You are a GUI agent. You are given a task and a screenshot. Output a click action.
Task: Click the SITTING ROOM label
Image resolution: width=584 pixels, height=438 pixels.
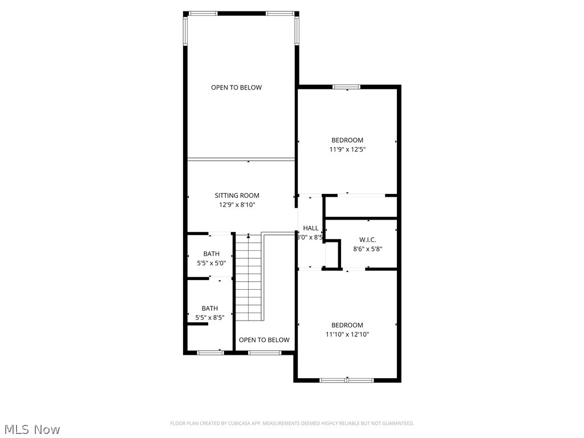pos(237,196)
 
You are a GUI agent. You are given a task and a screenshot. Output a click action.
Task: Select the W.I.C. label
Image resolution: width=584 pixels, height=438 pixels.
pos(367,240)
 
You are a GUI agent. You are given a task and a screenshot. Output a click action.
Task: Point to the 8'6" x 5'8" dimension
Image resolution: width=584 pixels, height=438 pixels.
pos(367,249)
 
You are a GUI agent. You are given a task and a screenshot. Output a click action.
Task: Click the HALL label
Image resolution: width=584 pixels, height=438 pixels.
pos(311,228)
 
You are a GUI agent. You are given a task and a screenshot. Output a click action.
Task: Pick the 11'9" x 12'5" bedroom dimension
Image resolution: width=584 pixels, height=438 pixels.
pos(347,149)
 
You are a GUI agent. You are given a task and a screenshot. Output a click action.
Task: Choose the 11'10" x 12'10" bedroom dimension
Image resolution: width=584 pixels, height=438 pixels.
pos(347,335)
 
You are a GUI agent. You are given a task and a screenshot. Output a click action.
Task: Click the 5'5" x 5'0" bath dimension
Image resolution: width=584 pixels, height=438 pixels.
pos(210,263)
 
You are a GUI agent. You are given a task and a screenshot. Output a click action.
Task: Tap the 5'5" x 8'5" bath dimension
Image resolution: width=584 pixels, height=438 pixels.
pos(209,318)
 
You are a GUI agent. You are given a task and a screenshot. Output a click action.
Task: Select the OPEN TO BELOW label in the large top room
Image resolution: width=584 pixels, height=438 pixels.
pos(236,87)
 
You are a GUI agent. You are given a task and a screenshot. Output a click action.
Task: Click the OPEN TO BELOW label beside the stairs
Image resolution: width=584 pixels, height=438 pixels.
pos(264,340)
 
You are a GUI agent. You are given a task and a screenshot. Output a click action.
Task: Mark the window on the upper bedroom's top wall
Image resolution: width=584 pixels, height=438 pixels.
pos(346,87)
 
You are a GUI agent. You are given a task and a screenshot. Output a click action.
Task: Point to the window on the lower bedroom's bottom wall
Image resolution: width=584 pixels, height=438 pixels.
pos(346,380)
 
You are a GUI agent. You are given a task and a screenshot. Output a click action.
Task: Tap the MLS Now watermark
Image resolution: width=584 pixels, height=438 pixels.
pos(31,429)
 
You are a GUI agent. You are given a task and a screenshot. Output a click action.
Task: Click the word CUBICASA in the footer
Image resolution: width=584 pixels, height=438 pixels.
pos(233,423)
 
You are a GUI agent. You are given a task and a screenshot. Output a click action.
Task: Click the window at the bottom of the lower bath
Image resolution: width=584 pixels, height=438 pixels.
pos(210,352)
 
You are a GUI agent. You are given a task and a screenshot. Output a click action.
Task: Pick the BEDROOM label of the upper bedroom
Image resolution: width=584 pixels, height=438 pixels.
pos(347,140)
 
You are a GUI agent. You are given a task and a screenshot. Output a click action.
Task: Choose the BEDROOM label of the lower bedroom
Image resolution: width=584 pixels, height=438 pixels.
pos(347,326)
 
